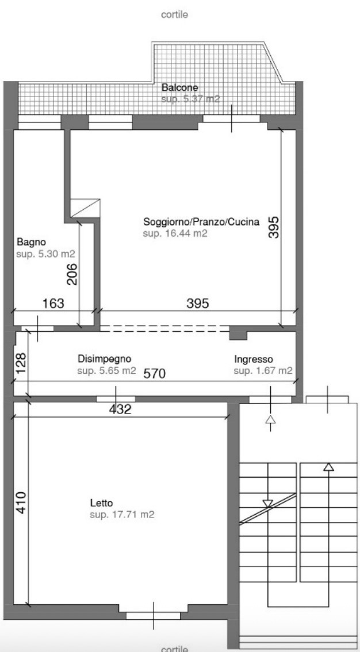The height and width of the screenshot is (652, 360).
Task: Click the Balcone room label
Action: click(179, 88)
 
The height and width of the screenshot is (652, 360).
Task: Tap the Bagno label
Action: click(30, 241)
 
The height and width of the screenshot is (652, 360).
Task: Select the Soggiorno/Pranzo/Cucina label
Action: click(201, 221)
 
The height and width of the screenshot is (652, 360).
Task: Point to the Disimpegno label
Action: click(105, 358)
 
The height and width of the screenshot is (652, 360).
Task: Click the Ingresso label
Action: click(254, 358)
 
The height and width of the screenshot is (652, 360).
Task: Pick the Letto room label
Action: click(101, 503)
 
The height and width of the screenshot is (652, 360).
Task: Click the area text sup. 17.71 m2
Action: click(122, 515)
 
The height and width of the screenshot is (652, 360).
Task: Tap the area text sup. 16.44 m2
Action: click(175, 233)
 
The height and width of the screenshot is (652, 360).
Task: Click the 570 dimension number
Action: click(155, 374)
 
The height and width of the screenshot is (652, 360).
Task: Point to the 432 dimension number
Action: click(120, 409)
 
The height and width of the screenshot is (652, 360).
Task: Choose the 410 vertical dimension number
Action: click(21, 503)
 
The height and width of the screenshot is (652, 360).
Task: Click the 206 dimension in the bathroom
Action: click(72, 274)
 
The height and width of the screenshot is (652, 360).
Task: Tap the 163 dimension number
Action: click(53, 303)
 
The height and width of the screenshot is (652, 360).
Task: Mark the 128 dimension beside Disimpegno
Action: click(21, 363)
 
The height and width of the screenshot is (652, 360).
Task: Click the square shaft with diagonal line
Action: click(85, 208)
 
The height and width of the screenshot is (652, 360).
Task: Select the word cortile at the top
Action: click(175, 15)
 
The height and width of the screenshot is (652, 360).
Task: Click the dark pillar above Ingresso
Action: click(238, 335)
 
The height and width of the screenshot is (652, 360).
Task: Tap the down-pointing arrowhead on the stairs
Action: click(268, 504)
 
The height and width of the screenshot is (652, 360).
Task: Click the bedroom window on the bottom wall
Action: click(154, 615)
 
